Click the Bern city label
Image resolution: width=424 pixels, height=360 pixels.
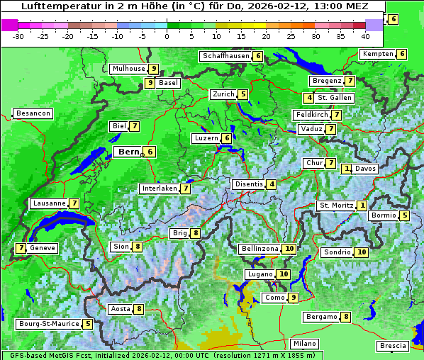128,152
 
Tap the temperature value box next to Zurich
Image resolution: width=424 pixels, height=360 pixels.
243,94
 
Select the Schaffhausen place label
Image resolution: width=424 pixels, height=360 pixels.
225,56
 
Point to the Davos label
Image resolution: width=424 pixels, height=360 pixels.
365,169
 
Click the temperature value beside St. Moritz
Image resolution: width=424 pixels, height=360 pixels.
362,206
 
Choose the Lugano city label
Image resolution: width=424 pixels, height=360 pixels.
260,274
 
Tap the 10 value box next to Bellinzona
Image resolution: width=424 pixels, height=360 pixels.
289,249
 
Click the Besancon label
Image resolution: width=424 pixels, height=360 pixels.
33,113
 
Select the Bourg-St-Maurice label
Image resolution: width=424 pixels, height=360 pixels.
48,324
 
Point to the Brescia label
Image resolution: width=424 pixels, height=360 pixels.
394,346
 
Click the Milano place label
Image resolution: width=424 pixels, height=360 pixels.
305,344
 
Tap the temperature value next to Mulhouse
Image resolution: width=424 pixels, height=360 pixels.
153,69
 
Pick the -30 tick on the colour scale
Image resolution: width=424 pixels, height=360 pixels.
18,35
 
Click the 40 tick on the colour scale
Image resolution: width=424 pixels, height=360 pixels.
365,35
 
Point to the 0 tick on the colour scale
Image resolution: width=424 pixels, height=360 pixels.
167,35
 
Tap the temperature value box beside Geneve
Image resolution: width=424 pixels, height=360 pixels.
21,248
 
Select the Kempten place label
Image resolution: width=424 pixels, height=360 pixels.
377,54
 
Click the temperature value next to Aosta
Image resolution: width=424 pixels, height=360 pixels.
140,309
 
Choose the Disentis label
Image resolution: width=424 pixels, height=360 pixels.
249,184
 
